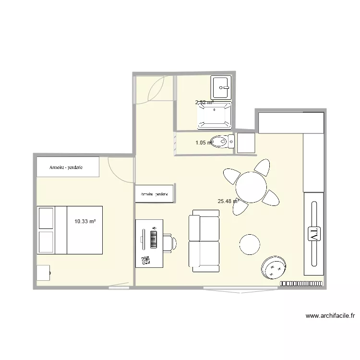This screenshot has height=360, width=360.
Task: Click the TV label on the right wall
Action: tap(313, 234)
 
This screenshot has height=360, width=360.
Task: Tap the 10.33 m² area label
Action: tap(85, 221)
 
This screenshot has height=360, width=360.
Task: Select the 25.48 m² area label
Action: tap(228, 201)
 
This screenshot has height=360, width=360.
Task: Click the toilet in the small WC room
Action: tap(222, 142)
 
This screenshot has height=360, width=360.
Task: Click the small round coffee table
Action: tap(251, 244)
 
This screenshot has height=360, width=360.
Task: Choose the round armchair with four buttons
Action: tap(274, 267)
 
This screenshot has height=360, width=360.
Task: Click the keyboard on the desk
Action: tap(154, 240)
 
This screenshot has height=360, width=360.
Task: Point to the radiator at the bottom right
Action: tap(302, 283)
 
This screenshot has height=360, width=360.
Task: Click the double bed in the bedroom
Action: tap(71, 229)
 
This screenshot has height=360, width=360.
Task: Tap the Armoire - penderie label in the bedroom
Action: tap(66, 168)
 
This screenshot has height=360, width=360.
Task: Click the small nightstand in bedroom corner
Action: tap(43, 272)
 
